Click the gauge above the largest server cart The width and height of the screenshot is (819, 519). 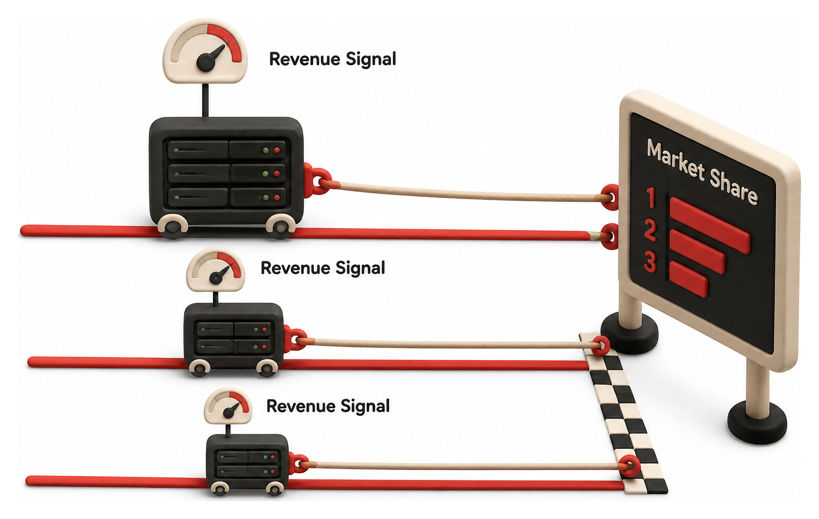(205, 51)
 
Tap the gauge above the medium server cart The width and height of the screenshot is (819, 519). (215, 270)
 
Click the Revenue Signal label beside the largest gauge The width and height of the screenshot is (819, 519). (332, 59)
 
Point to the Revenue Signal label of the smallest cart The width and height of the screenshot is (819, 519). (328, 406)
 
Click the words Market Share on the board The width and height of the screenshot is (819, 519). (701, 172)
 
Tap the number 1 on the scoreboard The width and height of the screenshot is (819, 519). (651, 198)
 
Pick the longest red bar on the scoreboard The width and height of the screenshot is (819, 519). (710, 226)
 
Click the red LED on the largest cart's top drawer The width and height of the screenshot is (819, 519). (277, 150)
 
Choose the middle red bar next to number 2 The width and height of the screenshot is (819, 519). (697, 252)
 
